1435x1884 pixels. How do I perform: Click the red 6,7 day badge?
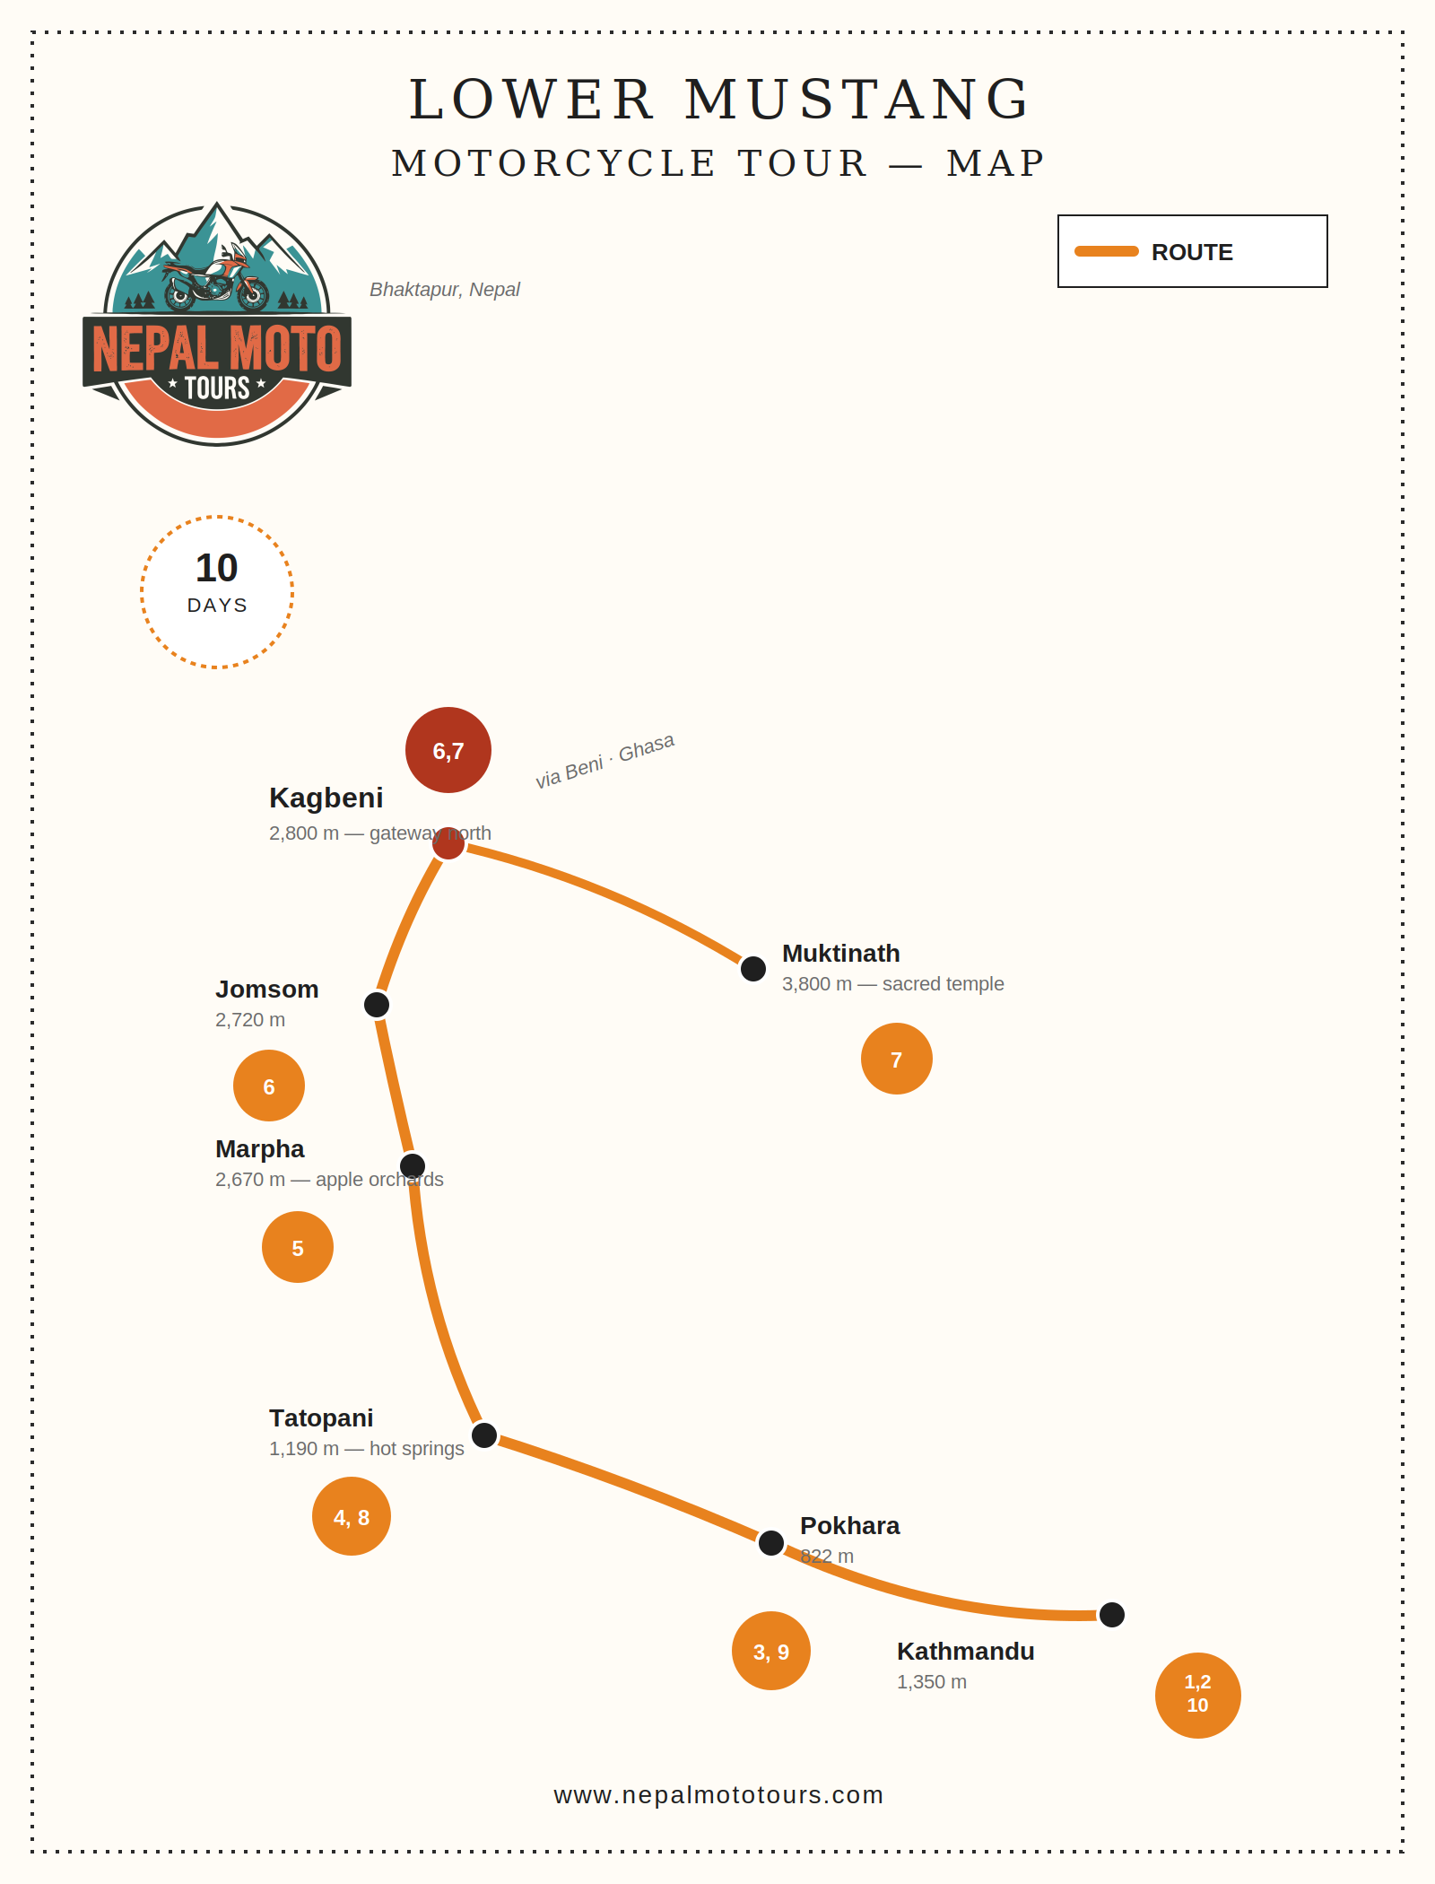point(448,750)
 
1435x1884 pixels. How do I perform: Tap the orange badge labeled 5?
point(298,1247)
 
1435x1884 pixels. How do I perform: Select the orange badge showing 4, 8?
point(352,1516)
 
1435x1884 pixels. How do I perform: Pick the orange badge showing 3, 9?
point(771,1651)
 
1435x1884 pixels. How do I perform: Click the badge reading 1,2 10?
point(1198,1696)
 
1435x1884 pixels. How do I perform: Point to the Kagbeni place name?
point(326,798)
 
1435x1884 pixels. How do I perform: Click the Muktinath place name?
point(841,953)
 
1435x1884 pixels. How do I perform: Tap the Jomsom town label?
point(267,989)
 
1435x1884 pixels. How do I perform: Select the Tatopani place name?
point(321,1417)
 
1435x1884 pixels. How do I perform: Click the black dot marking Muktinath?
point(753,969)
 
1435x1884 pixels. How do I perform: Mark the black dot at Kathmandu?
point(1112,1615)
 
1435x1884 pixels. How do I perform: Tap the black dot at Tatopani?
point(484,1435)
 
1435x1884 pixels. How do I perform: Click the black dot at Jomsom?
point(377,1005)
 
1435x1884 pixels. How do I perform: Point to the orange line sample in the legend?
point(1107,251)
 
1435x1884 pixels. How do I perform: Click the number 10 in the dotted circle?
point(217,568)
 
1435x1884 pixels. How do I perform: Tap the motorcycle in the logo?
point(216,278)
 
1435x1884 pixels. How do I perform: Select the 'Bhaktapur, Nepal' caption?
point(445,290)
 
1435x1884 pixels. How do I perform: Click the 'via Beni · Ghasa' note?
point(604,761)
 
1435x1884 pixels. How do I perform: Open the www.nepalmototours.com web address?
point(718,1794)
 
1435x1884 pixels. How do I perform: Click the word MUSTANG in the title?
point(857,99)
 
